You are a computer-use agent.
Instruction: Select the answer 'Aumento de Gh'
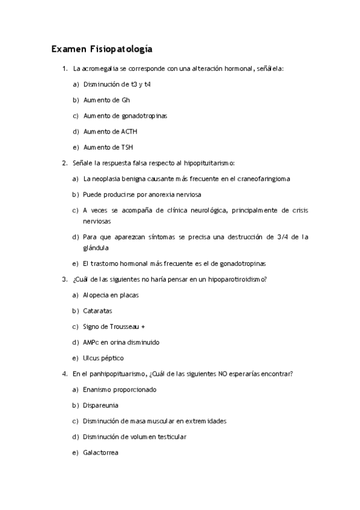pos(106,100)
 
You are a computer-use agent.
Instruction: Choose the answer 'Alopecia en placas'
pos(110,295)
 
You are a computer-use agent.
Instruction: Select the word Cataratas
pos(97,311)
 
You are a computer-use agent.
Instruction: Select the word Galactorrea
pos(101,452)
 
